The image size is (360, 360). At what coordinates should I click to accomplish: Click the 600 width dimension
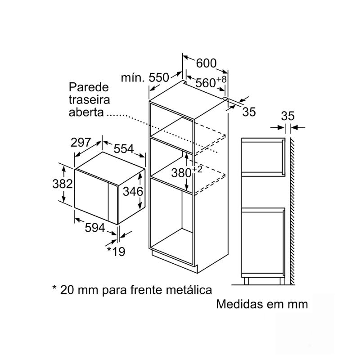click(206, 63)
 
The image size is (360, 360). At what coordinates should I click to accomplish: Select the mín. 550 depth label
click(145, 77)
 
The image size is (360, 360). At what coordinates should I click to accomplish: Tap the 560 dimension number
click(205, 83)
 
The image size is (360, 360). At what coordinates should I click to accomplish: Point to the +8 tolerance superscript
click(221, 80)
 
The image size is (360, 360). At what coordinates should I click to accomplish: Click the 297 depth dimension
click(81, 142)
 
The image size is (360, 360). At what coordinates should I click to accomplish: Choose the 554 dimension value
click(124, 149)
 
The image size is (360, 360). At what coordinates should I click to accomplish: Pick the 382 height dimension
click(63, 184)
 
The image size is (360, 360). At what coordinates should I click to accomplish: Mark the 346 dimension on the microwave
click(133, 191)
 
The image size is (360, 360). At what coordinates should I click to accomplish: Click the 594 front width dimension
click(95, 228)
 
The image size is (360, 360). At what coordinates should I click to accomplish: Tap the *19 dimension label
click(116, 252)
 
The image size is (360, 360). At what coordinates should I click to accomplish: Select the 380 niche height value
click(181, 173)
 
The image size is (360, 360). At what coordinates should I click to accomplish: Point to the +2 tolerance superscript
click(197, 169)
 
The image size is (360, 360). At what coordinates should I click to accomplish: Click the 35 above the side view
click(288, 116)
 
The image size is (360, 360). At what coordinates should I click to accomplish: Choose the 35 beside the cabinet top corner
click(249, 112)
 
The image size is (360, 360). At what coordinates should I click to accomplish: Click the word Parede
click(89, 87)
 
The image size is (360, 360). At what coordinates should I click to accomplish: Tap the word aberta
click(86, 112)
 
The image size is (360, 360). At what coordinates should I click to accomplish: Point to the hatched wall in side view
click(292, 211)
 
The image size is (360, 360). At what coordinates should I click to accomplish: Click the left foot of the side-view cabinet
click(246, 281)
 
